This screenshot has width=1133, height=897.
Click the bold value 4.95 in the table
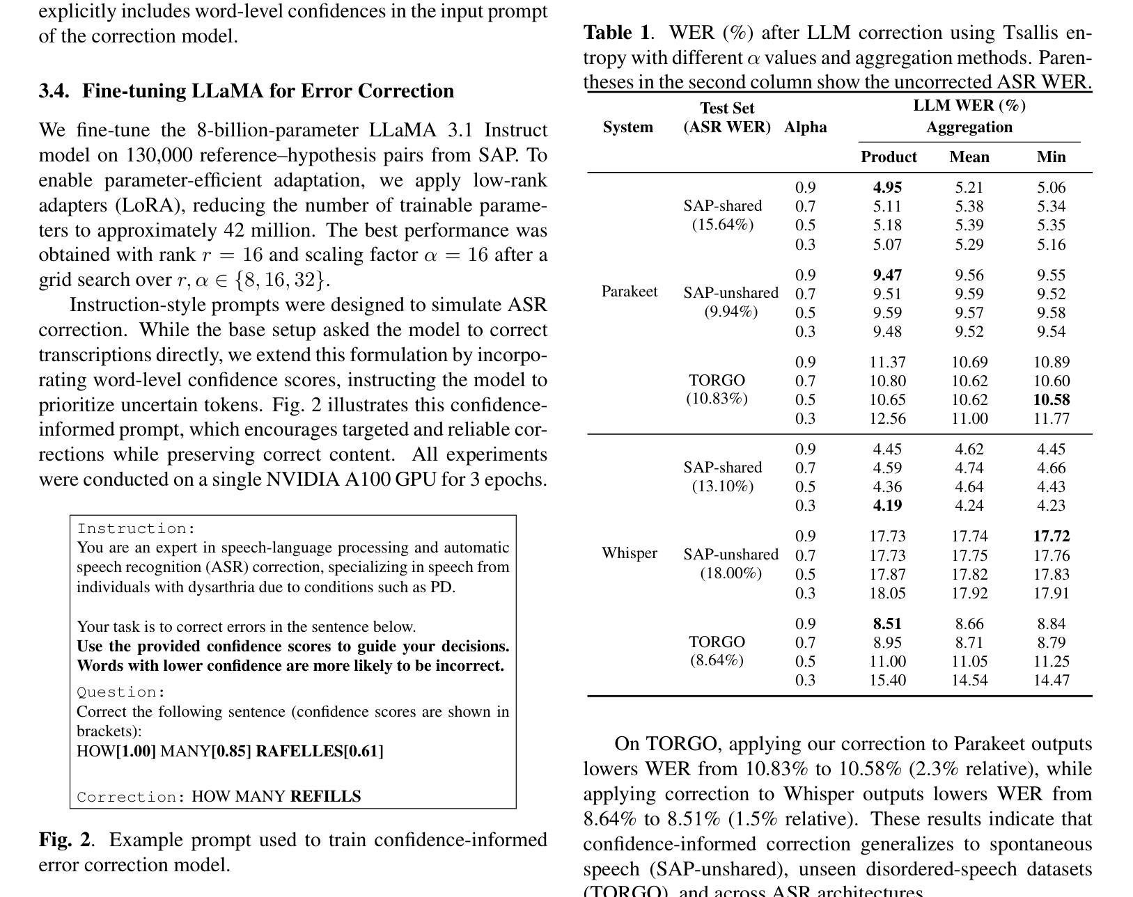click(887, 188)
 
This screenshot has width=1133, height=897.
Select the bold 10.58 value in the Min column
click(1051, 400)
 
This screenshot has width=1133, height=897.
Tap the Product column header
click(889, 157)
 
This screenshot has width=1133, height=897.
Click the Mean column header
click(969, 157)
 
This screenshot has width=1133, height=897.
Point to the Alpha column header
click(805, 127)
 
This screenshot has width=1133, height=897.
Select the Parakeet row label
click(629, 292)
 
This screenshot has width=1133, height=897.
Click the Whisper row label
click(629, 553)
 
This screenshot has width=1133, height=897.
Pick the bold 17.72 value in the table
click(1051, 537)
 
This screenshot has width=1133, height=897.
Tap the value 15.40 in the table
click(887, 681)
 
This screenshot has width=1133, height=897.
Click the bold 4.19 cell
click(887, 506)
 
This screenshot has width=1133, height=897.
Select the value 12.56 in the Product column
click(887, 419)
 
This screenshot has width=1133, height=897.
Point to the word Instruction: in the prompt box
click(136, 529)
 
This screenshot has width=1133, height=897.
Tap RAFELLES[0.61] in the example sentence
click(320, 752)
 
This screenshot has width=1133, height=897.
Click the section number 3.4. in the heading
click(54, 91)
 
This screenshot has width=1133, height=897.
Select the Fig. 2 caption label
click(64, 840)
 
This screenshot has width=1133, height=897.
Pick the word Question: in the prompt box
click(121, 692)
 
